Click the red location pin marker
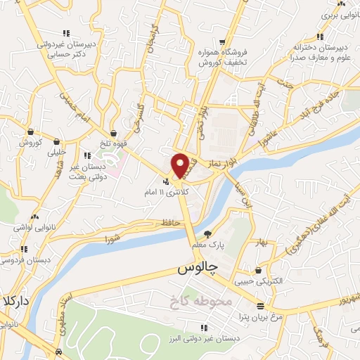click(180, 165)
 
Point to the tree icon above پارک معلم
click(207, 234)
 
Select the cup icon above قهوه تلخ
click(114, 132)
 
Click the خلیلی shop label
click(56, 151)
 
